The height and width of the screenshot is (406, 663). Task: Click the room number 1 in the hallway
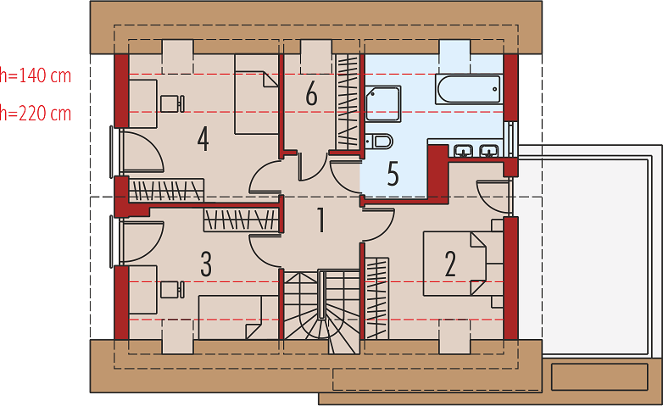tap(321, 220)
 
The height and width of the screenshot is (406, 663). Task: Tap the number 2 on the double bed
tap(450, 264)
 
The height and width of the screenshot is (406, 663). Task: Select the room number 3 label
tap(206, 264)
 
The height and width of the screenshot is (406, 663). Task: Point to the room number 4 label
tap(203, 139)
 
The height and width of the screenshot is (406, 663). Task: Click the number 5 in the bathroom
tap(393, 174)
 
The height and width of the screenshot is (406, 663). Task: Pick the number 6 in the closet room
tap(312, 93)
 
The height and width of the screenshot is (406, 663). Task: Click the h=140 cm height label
tap(36, 75)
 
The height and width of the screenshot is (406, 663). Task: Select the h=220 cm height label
tap(36, 114)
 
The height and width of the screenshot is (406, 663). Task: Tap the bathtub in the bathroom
tap(469, 89)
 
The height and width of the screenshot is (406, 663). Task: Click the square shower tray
tap(382, 104)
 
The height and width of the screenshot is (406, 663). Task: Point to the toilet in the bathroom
tap(379, 142)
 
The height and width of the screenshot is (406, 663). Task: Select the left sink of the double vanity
tap(465, 151)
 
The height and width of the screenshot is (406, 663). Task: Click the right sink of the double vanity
tap(489, 151)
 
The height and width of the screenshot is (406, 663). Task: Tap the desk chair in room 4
tap(172, 103)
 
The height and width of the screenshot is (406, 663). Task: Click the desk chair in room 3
tap(172, 290)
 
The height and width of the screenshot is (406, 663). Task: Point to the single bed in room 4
tap(257, 95)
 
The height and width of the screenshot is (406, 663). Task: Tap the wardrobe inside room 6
tap(348, 102)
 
